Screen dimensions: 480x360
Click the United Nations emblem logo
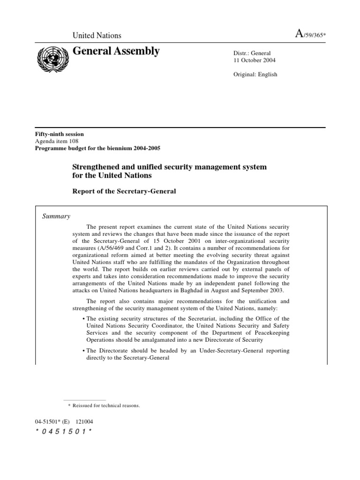[x=52, y=60]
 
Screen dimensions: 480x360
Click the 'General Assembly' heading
[x=116, y=51]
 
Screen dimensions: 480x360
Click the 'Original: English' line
[x=255, y=74]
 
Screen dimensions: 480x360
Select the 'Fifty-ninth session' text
[x=55, y=133]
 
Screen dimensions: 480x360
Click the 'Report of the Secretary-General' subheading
[x=124, y=191]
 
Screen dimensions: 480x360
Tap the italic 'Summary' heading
[x=56, y=216]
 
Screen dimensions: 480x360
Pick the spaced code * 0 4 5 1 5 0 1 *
[x=60, y=431]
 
